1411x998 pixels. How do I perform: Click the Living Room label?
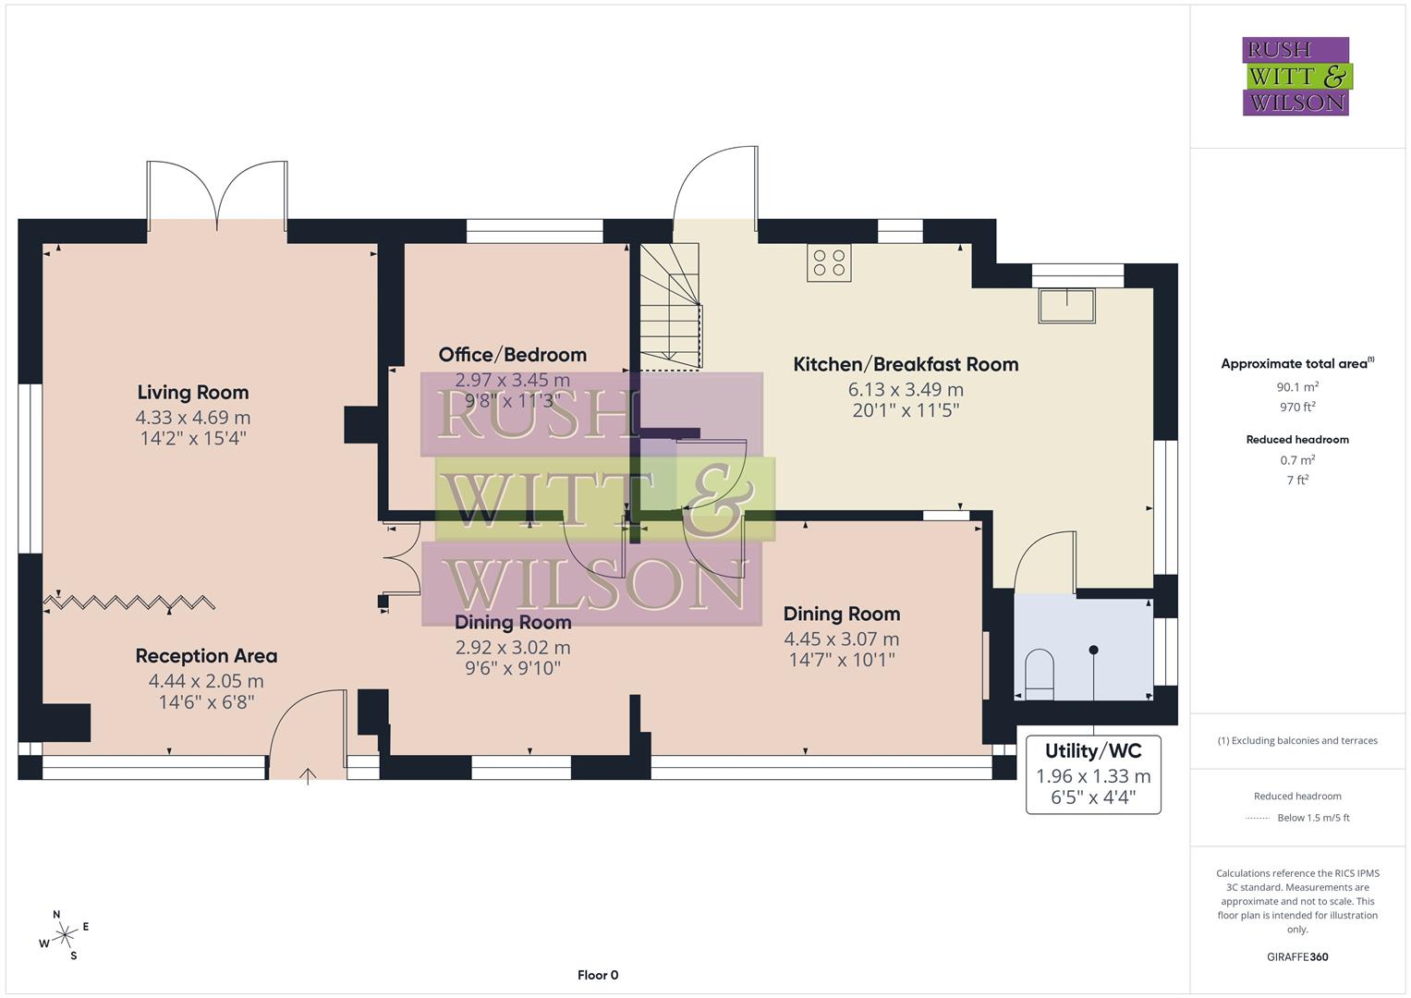click(192, 393)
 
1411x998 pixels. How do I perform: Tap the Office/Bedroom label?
click(512, 355)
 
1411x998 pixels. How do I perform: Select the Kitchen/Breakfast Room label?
click(906, 364)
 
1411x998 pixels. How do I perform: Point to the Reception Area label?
click(206, 656)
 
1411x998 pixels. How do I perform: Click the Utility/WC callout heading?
click(1093, 750)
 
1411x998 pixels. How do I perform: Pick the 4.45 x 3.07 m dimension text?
click(841, 639)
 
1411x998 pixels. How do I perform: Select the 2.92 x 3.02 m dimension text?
click(512, 648)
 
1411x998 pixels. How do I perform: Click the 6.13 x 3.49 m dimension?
click(906, 389)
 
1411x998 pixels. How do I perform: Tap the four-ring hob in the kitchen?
click(828, 262)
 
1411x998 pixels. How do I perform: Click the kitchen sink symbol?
click(1067, 305)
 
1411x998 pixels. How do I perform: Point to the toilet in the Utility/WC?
click(1040, 669)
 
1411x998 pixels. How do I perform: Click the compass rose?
click(64, 936)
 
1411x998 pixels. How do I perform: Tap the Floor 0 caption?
click(598, 975)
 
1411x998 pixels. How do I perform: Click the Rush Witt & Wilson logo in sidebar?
click(1295, 77)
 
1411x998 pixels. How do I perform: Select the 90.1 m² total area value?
click(1297, 387)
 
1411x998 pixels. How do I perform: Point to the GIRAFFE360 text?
click(1297, 956)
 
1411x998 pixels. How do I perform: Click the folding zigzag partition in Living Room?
click(129, 603)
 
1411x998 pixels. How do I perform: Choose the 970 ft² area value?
click(1297, 407)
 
